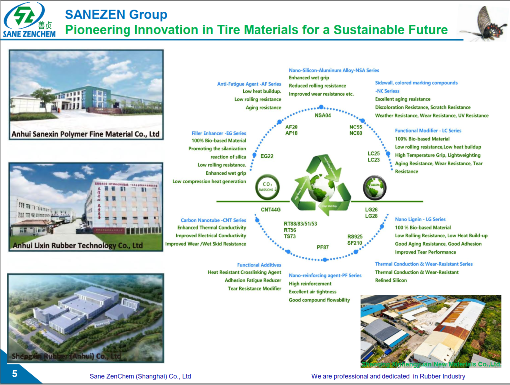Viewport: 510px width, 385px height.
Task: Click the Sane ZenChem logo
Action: click(28, 20)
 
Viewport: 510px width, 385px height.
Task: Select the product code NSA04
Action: click(323, 116)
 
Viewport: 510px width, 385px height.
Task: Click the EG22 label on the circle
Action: click(267, 156)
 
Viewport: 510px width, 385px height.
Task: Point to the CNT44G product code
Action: click(271, 210)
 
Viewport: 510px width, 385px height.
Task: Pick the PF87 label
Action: click(323, 247)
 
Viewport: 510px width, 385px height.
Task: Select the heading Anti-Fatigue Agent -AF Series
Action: click(249, 84)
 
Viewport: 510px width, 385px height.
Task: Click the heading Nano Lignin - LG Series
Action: click(420, 219)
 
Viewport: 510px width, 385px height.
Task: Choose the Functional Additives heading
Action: click(259, 265)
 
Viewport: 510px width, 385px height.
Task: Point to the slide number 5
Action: click(14, 374)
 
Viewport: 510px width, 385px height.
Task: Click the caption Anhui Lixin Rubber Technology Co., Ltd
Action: click(78, 245)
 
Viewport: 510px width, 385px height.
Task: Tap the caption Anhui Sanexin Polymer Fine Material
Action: click(86, 134)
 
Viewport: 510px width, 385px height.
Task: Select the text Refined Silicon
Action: click(391, 280)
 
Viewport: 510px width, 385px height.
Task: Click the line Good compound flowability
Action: click(319, 300)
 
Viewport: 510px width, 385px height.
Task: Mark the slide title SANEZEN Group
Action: click(116, 15)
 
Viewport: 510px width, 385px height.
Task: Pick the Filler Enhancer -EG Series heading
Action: click(219, 133)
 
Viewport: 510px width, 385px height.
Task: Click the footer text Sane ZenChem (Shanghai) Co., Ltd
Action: click(140, 376)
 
